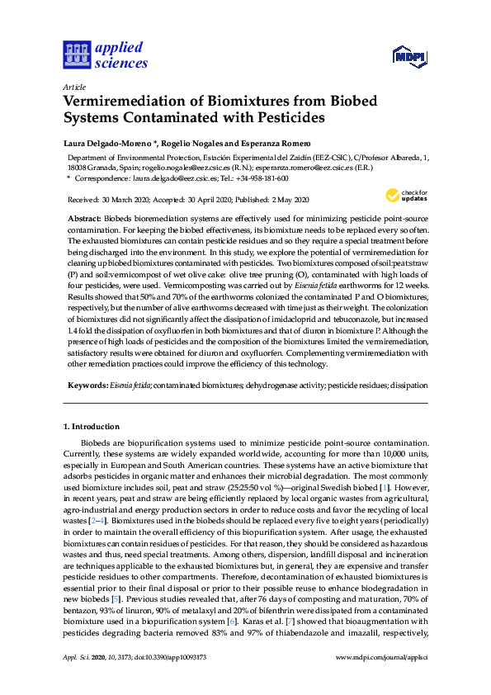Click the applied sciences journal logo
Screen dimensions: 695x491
pos(106,54)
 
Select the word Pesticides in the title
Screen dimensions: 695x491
pos(280,118)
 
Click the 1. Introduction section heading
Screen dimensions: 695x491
pos(92,427)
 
